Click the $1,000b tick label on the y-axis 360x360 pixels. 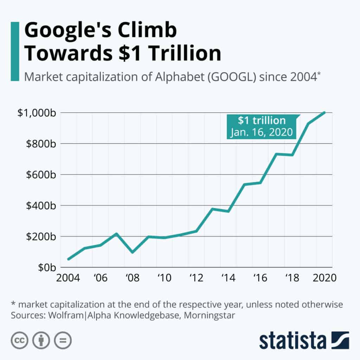[x=36, y=113]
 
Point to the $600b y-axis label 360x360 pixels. [x=39, y=175]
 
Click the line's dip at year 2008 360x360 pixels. [x=132, y=252]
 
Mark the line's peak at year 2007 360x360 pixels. [x=116, y=233]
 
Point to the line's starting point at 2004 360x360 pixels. [x=68, y=259]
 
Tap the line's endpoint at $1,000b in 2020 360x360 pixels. [x=324, y=112]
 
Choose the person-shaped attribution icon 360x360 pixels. [x=41, y=340]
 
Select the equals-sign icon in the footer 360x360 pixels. [x=63, y=340]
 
